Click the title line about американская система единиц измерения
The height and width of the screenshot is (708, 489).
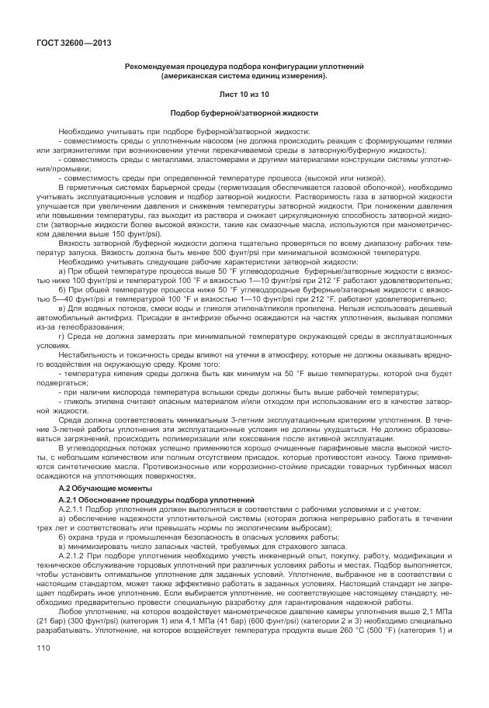tap(244, 76)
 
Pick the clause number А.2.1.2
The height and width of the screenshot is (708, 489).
tap(75, 577)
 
